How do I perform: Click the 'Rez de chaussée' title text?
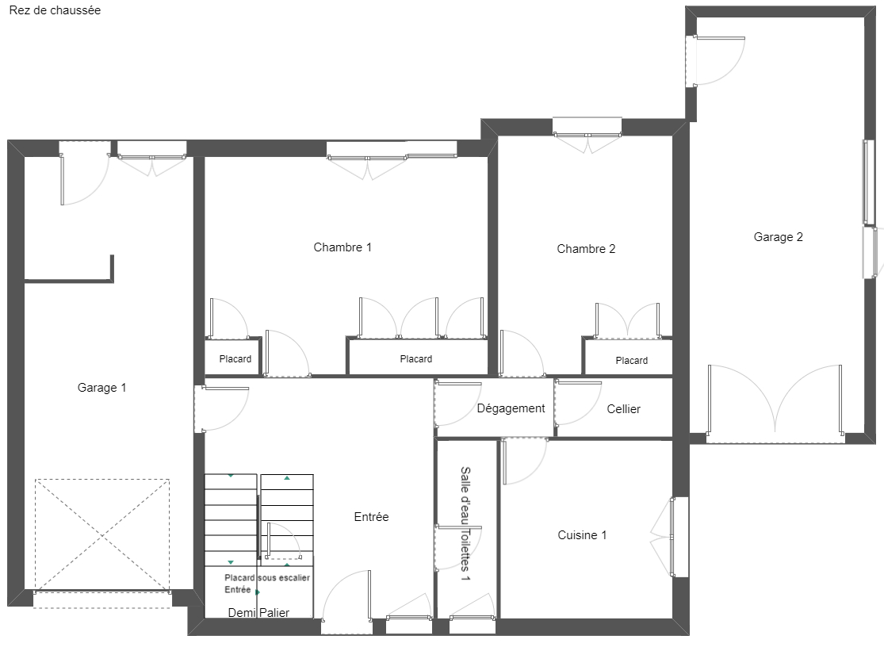coord(55,10)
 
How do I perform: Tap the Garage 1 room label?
coord(101,388)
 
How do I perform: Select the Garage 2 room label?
coord(778,237)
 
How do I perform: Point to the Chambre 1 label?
coord(343,247)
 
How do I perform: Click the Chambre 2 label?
coord(586,249)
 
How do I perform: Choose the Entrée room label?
coord(371,517)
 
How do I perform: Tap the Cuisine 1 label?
coord(582,535)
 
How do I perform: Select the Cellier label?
coord(623,409)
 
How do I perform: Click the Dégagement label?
coord(511,408)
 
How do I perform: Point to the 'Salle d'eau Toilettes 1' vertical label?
coord(465,523)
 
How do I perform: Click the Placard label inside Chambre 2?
coord(631,361)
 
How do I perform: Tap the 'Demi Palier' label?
coord(258,613)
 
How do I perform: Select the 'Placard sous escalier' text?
coord(267,578)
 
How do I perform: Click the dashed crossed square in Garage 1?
coord(102,535)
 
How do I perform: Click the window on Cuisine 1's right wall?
coord(672,537)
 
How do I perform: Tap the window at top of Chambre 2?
coord(587,136)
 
